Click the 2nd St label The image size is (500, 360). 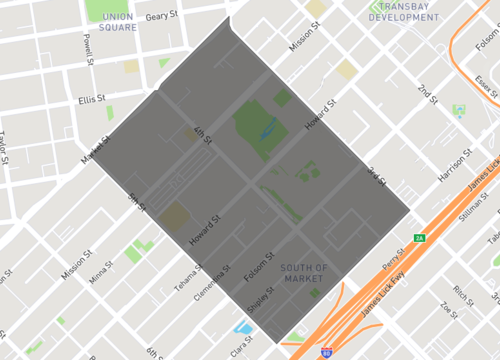coord(427,93)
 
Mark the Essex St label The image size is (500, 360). coord(486,88)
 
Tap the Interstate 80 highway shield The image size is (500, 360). coord(327,353)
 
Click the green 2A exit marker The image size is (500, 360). coord(420,238)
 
